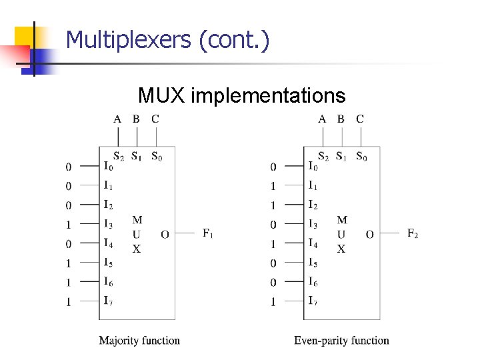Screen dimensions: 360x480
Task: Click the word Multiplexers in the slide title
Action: [x=128, y=41]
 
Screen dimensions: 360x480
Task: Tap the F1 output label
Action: [x=208, y=233]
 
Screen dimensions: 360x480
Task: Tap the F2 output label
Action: [x=413, y=233]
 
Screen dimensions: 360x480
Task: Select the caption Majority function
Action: [x=139, y=341]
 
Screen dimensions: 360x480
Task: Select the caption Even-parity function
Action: [x=341, y=341]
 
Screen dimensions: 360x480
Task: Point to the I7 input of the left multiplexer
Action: [x=108, y=301]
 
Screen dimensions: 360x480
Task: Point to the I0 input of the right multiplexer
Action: [x=313, y=165]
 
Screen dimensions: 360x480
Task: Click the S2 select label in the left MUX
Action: [x=118, y=157]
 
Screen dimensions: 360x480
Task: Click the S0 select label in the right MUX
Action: [x=361, y=157]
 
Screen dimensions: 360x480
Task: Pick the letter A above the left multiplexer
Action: [x=117, y=119]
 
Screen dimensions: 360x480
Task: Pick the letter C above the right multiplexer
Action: [x=360, y=119]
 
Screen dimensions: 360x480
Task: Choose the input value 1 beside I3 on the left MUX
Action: [x=68, y=225]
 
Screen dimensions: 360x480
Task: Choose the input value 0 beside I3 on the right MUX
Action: [x=273, y=225]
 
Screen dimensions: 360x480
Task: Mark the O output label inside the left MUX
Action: [x=165, y=235]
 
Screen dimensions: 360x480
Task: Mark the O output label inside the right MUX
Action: [x=369, y=235]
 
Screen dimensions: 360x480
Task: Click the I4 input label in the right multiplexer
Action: [x=313, y=243]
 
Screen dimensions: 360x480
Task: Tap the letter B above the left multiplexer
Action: [x=136, y=119]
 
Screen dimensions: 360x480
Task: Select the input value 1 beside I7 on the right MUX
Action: [x=273, y=302]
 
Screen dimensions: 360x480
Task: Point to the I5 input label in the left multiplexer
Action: [x=108, y=263]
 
